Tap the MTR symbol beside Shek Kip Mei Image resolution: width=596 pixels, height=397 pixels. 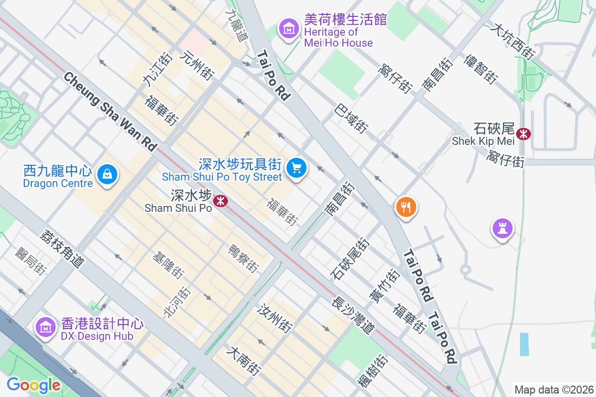point(523,133)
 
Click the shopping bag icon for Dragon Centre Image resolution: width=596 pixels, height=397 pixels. point(107,174)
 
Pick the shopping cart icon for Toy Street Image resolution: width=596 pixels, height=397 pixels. point(297,168)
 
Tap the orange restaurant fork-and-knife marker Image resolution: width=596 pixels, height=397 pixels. point(406,206)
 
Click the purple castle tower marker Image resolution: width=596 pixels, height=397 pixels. point(503,228)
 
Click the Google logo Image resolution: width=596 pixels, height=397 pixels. point(33,385)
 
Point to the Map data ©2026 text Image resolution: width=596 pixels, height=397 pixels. point(554,390)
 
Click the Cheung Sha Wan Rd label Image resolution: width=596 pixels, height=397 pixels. point(110,112)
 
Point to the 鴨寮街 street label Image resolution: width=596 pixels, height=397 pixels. point(243,258)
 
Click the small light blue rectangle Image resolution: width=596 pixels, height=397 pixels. point(524,344)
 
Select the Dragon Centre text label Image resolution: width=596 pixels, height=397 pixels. point(58,183)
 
